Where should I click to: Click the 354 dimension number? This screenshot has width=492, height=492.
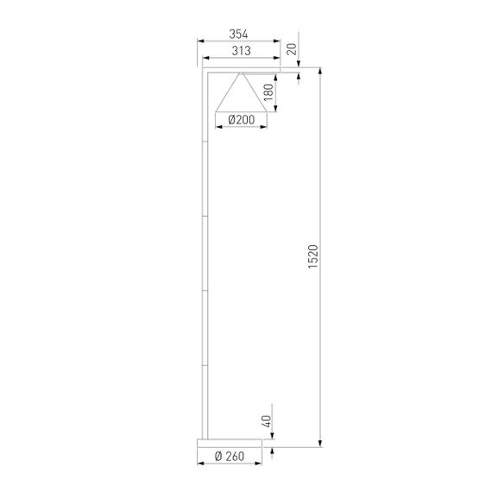pos(240,34)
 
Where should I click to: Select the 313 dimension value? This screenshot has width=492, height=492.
pos(240,51)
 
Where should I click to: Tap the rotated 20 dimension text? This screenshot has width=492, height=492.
pos(292,49)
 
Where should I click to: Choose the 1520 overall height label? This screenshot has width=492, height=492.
pos(312,257)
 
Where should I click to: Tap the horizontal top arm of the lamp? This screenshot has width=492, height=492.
pos(242,71)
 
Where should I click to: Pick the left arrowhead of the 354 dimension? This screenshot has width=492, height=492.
pos(200,41)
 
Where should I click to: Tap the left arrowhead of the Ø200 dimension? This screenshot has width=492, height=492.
pos(217,128)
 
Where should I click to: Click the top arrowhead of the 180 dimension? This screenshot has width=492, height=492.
pos(276,77)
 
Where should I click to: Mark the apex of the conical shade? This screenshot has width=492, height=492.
pos(239,73)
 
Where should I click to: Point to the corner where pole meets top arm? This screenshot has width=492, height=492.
pos(203,71)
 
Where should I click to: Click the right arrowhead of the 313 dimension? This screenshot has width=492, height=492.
pos(278,58)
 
